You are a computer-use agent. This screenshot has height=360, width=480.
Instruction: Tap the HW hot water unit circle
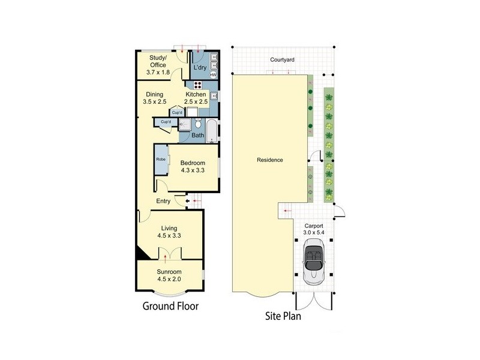click(x=213, y=74)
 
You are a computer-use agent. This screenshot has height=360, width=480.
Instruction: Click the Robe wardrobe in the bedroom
click(x=161, y=160)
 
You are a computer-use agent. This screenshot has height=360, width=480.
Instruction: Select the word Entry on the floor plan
click(x=163, y=201)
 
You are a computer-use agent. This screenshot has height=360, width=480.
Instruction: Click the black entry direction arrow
click(x=188, y=201)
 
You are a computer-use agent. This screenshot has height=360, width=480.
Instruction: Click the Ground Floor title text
click(x=170, y=306)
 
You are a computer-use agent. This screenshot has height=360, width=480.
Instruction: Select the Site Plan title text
click(x=284, y=316)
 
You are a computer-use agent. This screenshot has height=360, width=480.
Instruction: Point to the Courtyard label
click(x=282, y=60)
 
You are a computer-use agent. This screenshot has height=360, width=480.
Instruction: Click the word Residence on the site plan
click(x=269, y=160)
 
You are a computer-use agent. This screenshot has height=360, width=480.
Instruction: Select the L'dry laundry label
click(x=200, y=68)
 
